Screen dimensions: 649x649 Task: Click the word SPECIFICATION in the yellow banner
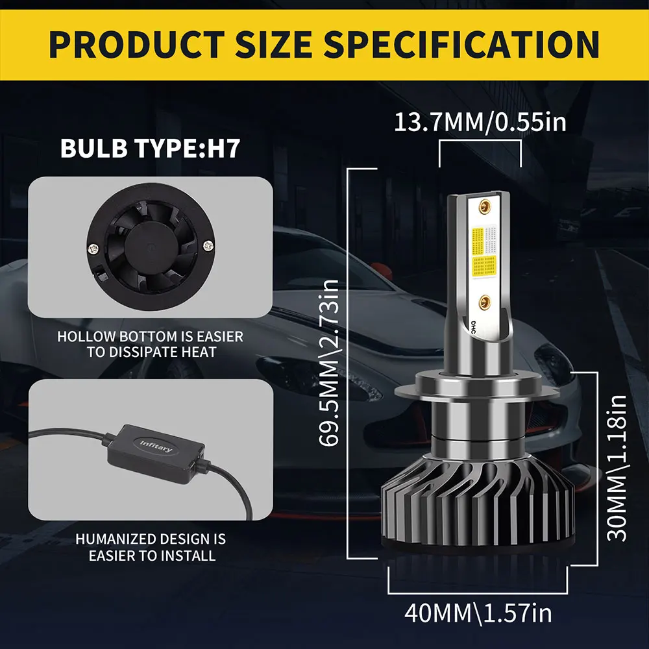point(461,44)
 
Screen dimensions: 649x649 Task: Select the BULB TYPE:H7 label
point(151,148)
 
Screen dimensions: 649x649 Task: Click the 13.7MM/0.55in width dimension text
point(480,122)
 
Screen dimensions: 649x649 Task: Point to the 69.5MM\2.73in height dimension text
point(330,363)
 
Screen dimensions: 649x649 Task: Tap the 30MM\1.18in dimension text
point(617,468)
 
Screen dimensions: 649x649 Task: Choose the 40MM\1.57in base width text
point(478,613)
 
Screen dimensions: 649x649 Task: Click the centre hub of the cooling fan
point(152,247)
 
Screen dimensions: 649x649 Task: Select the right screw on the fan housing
point(209,246)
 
